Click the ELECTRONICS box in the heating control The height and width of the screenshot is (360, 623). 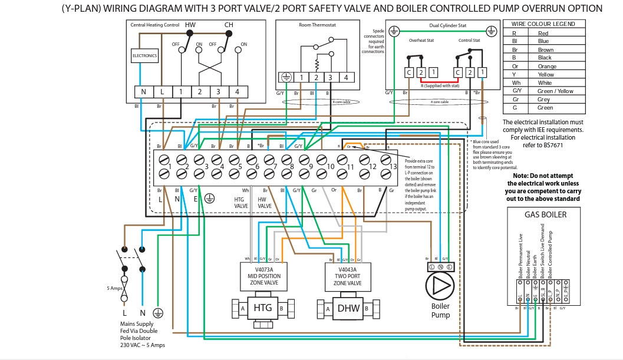[x=144, y=56]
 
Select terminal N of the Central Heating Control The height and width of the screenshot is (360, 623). [x=143, y=92]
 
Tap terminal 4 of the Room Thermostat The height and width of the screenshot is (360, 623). [x=345, y=77]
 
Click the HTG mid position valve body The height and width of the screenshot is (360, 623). [x=262, y=308]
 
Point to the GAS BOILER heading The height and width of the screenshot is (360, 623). [x=545, y=214]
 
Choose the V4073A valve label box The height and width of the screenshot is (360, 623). [x=263, y=276]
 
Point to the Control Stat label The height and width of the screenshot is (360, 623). [x=469, y=41]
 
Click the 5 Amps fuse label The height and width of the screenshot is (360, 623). [x=116, y=288]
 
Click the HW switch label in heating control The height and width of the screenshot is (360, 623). [x=190, y=25]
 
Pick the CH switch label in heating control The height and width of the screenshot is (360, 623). [x=229, y=25]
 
